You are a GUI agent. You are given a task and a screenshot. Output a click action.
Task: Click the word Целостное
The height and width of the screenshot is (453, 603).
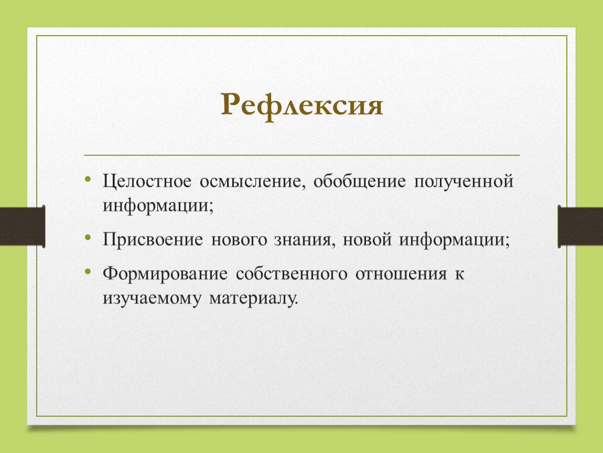(x=147, y=181)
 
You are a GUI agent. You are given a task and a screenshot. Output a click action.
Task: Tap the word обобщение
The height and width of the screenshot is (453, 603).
(x=360, y=181)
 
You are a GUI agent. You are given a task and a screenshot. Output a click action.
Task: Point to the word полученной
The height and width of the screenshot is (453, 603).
(x=464, y=181)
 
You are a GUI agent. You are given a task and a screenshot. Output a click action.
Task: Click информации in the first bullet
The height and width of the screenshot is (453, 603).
(x=158, y=206)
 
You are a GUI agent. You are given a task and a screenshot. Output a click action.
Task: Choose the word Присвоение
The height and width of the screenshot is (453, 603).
(x=153, y=240)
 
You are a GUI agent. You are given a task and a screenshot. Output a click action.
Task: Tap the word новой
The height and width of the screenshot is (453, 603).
(x=367, y=240)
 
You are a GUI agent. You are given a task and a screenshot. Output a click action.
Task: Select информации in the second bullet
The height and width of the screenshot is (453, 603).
(x=454, y=240)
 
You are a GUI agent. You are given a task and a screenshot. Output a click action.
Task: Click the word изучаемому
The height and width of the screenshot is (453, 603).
(x=152, y=298)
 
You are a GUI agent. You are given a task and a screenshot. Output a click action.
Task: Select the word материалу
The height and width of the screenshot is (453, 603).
(x=254, y=298)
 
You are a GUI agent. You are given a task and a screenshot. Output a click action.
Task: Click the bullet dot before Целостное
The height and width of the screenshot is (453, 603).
(x=88, y=178)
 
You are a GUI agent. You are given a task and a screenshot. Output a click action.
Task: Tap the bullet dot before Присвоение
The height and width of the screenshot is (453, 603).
(x=88, y=237)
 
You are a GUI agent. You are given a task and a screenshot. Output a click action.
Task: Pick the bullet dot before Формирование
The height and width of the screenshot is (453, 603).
(x=88, y=272)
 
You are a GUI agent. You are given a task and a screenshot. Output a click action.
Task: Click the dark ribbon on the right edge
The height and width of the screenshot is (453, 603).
(x=580, y=226)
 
